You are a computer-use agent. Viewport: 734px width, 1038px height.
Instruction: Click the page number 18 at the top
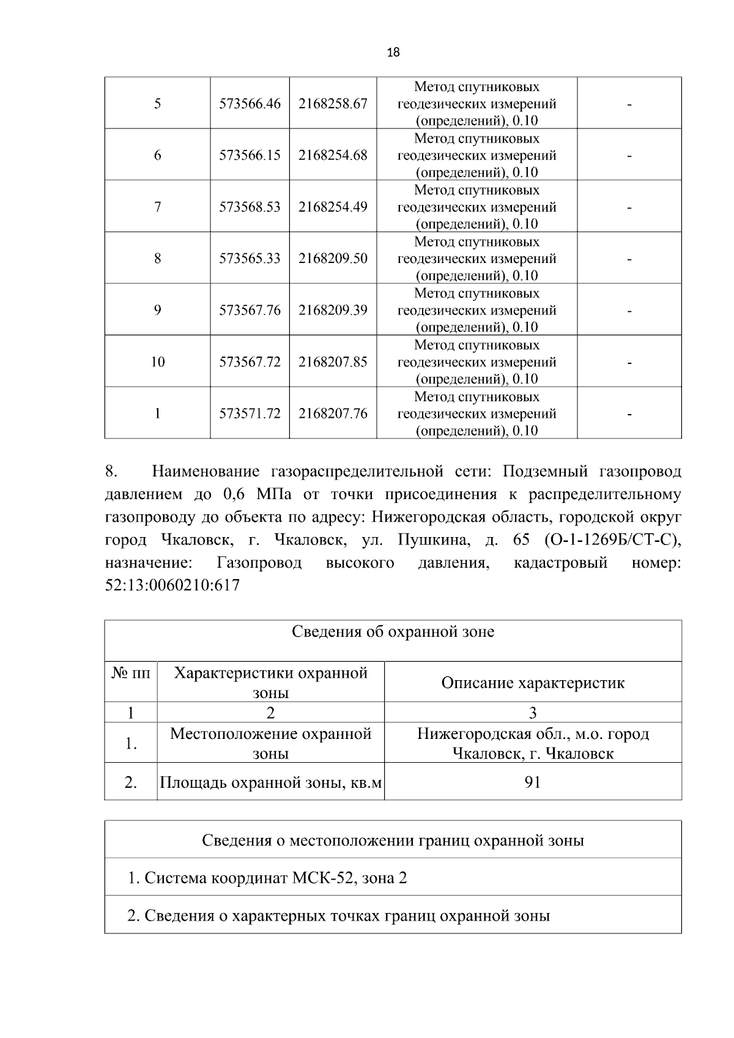click(393, 53)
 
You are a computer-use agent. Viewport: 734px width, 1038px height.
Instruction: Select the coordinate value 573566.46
click(250, 104)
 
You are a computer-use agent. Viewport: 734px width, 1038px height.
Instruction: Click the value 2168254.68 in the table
click(333, 155)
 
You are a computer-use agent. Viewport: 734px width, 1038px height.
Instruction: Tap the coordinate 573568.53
click(250, 207)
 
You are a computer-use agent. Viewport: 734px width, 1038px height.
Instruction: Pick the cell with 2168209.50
click(333, 259)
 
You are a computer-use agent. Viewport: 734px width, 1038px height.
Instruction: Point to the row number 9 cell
click(157, 311)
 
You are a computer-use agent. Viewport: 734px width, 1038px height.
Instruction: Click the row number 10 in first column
click(157, 362)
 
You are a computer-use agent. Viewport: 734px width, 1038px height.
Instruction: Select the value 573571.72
click(250, 414)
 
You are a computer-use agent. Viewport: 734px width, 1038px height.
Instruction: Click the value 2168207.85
click(333, 362)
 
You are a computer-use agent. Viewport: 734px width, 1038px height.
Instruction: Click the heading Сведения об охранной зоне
click(393, 632)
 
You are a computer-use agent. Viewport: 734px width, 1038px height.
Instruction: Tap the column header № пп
click(130, 673)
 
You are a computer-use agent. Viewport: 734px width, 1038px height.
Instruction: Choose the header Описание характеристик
click(533, 683)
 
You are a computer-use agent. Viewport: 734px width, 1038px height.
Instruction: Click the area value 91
click(533, 782)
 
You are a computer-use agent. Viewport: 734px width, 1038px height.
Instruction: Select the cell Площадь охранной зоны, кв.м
click(270, 782)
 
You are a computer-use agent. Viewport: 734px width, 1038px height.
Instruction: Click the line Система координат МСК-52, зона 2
click(267, 878)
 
